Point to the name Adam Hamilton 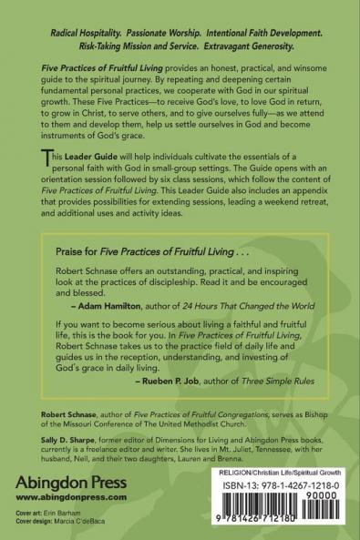(101, 329)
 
